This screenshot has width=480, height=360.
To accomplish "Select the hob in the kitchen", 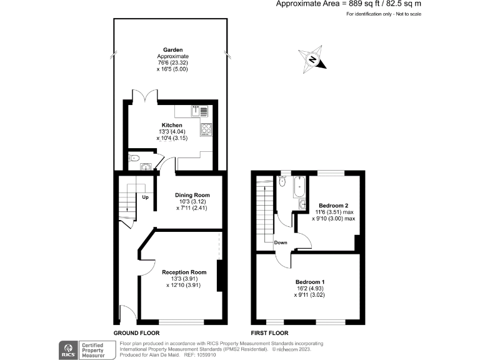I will [x=206, y=129].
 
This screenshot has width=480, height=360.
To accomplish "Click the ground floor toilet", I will [x=133, y=159].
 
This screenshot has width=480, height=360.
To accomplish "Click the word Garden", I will [x=172, y=49].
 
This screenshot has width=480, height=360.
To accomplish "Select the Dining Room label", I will [x=192, y=195].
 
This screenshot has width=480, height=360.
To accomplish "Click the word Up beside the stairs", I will [x=145, y=198].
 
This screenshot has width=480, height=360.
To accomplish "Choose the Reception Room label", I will [x=184, y=272].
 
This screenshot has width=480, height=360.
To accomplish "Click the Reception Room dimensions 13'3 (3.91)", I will [x=184, y=279].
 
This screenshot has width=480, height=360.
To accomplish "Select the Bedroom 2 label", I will [x=333, y=206].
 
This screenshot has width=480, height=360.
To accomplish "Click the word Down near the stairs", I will [x=279, y=242].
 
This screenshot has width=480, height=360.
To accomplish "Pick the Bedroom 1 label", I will [x=309, y=282].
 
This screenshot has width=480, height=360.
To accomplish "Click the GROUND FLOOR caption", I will [x=136, y=333].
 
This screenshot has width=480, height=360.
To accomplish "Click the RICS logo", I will [x=67, y=349].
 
